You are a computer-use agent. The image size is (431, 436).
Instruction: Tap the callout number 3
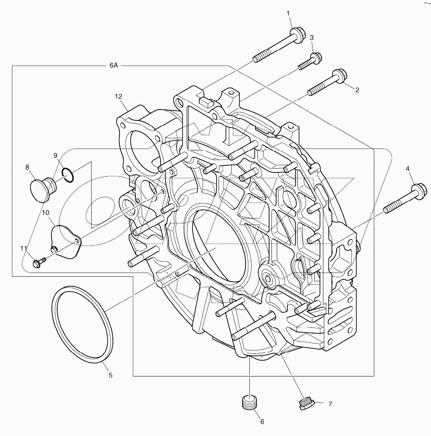(312, 37)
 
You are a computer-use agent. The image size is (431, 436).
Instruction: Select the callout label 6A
(113, 66)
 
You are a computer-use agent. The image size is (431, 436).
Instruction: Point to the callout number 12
(118, 97)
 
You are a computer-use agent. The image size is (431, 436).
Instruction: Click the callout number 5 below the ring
(110, 375)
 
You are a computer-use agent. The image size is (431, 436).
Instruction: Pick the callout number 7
(330, 404)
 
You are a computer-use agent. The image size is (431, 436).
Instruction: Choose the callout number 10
(46, 213)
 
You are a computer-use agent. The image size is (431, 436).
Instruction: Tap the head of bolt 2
(339, 75)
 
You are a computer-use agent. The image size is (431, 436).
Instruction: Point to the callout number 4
(407, 168)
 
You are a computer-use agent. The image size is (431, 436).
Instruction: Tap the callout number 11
(24, 248)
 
